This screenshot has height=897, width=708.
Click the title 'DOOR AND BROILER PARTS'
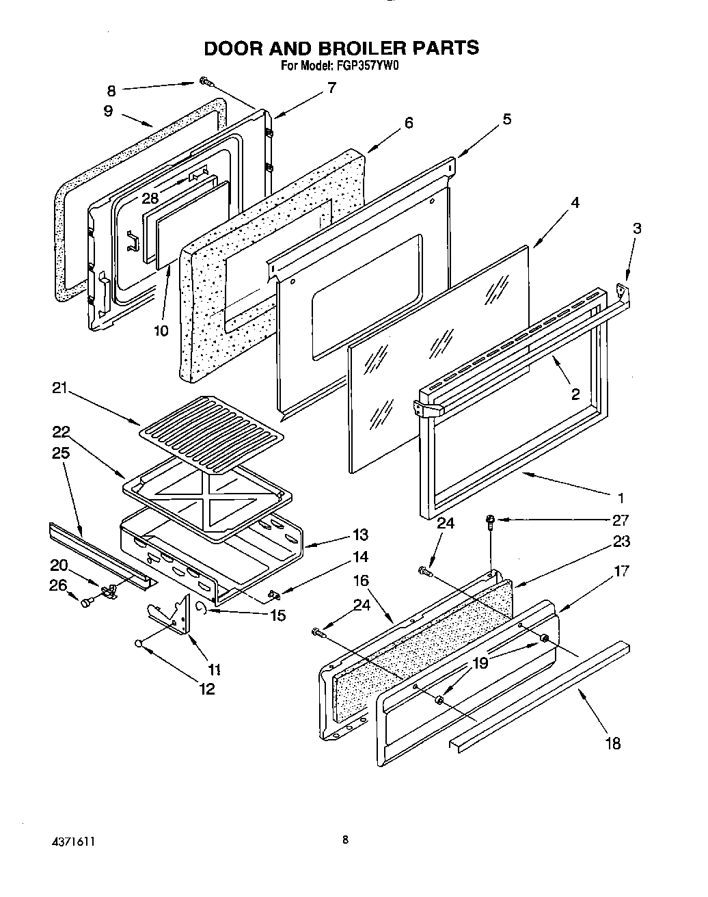[x=342, y=48]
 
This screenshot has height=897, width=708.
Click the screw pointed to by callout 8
[x=206, y=83]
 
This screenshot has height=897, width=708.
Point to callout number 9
[x=109, y=111]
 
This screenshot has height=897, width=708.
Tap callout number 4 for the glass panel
[x=575, y=203]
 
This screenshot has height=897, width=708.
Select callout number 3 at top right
[x=637, y=229]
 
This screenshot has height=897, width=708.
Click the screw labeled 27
[x=492, y=522]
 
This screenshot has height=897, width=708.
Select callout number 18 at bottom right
[x=613, y=743]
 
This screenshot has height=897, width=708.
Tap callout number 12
[x=206, y=689]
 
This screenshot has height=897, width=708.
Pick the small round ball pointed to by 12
[x=139, y=643]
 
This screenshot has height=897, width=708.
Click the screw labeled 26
[x=87, y=602]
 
